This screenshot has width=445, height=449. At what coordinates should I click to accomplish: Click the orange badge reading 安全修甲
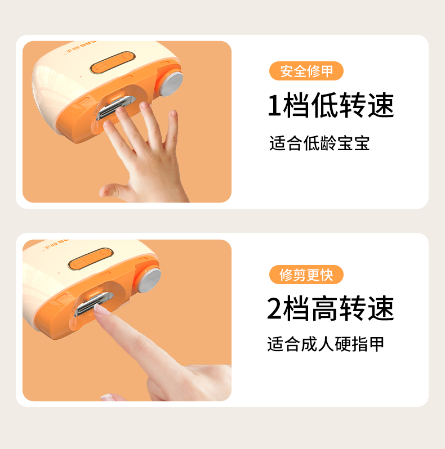point(306,71)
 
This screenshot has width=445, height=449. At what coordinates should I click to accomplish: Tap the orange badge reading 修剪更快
point(306,275)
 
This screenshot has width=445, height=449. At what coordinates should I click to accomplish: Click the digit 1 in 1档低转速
point(274,105)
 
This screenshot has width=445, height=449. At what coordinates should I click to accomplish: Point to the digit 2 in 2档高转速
point(274,308)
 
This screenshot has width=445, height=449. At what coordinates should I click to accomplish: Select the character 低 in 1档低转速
point(324,105)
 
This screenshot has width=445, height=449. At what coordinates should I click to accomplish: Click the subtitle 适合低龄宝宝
point(319,143)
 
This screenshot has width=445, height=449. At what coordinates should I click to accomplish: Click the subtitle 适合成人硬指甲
point(326,344)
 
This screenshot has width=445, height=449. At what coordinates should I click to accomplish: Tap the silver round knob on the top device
point(171,84)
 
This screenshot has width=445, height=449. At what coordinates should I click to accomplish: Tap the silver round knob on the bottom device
point(150,280)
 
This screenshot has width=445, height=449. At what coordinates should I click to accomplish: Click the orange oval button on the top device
point(113,62)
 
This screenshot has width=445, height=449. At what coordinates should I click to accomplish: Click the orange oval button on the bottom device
point(91,259)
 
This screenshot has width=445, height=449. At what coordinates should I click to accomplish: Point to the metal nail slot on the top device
point(116,107)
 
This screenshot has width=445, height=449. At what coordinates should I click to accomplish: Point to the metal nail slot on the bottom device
point(94,304)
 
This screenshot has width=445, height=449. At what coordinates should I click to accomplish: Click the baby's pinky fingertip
point(173,114)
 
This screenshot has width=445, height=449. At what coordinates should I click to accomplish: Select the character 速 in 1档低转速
point(381,105)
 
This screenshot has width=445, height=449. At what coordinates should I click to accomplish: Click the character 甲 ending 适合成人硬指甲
point(376,344)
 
